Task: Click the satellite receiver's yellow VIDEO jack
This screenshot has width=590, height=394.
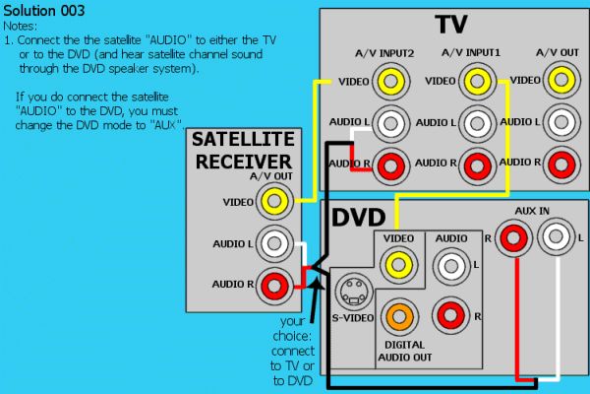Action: (274, 201)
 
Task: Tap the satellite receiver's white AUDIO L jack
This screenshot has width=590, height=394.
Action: (274, 243)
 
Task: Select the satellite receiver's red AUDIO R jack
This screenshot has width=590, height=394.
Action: (274, 286)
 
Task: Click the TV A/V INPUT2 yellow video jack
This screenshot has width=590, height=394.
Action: (390, 81)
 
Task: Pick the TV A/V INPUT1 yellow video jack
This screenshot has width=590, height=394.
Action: (477, 81)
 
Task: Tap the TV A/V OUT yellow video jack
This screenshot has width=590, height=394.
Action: (561, 80)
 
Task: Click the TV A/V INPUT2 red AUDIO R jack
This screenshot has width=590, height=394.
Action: (390, 165)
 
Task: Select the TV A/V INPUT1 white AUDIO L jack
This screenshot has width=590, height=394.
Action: (477, 123)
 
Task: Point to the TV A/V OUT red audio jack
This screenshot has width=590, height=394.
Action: (561, 164)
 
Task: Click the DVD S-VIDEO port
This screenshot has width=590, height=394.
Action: (353, 293)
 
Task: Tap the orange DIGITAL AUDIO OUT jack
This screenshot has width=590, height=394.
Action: (399, 317)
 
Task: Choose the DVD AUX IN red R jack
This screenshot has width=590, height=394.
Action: (513, 237)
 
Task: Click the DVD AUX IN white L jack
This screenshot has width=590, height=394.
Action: (556, 236)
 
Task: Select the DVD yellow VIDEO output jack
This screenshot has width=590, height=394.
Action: (399, 265)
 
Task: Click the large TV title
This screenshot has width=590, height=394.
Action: (450, 24)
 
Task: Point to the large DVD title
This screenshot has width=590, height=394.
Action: (358, 217)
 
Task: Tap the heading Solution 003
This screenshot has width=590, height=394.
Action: (44, 11)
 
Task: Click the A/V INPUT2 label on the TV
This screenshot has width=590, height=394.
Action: (384, 53)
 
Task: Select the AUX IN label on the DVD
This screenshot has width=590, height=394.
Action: (532, 211)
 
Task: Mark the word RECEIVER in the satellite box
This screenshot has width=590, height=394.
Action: (244, 162)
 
